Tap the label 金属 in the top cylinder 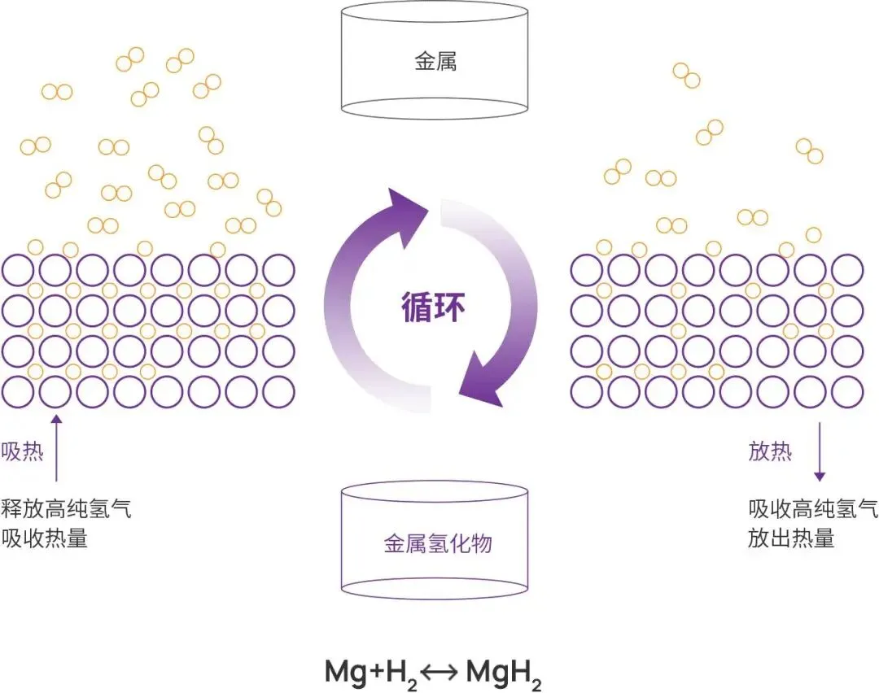coord(435,62)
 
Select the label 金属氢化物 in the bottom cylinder coord(438,543)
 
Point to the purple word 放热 coord(769,452)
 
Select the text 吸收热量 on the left coord(45,538)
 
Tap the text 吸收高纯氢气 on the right coord(812,509)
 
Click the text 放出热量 coord(791,538)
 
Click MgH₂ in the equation coord(505,673)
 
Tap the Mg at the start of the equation coord(344,672)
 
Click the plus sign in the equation coord(374,673)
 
